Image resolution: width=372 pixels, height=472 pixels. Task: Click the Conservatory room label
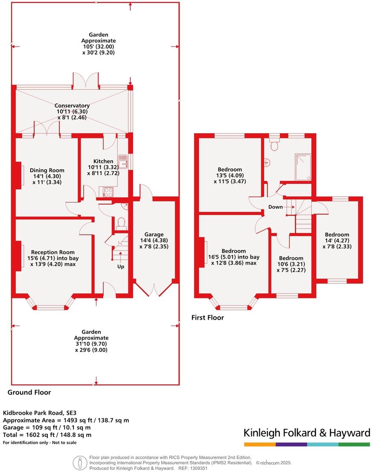(72, 105)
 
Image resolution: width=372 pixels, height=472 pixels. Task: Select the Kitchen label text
(104, 161)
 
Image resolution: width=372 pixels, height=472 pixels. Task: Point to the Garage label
(154, 234)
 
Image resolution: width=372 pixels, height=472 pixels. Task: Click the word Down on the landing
(275, 207)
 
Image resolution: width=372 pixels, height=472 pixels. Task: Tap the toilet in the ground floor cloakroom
(120, 223)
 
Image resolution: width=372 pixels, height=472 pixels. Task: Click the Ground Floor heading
(29, 392)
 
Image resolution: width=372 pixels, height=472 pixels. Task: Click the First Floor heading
(207, 318)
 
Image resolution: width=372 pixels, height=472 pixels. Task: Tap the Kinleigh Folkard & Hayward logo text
(306, 433)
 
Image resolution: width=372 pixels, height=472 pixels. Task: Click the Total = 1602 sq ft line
(47, 435)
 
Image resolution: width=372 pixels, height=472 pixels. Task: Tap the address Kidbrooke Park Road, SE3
(35, 413)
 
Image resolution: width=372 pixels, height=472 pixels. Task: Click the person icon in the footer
(78, 463)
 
